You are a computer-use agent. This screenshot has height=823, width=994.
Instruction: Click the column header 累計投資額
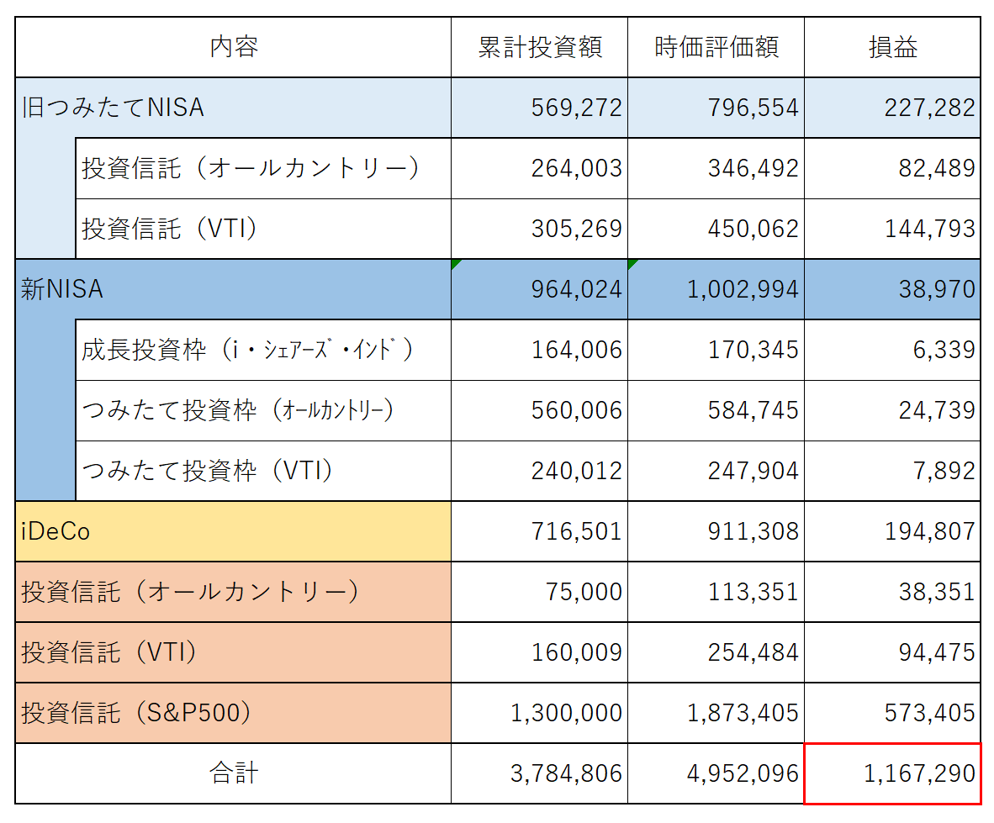tap(540, 48)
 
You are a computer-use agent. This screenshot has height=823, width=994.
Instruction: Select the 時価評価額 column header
tap(716, 48)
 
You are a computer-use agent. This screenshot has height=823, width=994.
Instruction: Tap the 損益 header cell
tap(892, 48)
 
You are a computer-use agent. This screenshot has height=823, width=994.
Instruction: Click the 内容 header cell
tap(234, 48)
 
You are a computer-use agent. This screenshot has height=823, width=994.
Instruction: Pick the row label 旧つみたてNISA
tap(113, 108)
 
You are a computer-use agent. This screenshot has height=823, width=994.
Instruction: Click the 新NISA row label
tap(62, 289)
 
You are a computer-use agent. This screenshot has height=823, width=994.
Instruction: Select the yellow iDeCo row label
tap(56, 531)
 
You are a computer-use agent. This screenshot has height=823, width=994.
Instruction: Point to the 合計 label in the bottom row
tap(234, 773)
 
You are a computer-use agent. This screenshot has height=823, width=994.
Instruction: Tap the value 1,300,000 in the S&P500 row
tap(567, 713)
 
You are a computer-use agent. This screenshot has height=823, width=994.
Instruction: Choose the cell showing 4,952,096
tap(743, 773)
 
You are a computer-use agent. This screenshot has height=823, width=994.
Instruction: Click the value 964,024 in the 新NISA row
tap(577, 289)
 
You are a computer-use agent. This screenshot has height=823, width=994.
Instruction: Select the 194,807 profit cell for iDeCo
tap(930, 531)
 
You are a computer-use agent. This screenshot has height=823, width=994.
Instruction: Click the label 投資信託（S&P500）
tap(136, 713)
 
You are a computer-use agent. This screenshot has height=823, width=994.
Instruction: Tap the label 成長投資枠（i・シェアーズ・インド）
tap(248, 350)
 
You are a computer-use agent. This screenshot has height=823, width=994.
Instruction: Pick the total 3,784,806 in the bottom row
tap(567, 773)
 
